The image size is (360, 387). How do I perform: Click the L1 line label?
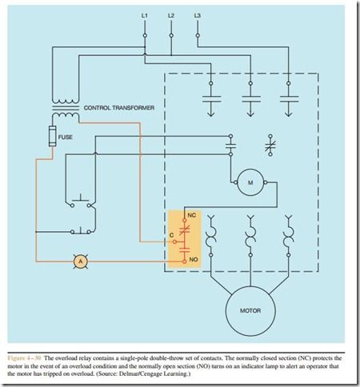(x=144, y=15)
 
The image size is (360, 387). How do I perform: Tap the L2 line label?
(x=171, y=15)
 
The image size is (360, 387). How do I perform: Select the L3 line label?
(x=198, y=15)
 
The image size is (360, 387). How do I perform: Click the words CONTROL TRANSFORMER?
(x=119, y=108)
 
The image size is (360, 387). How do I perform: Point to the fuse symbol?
(x=53, y=136)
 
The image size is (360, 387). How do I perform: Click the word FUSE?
(x=66, y=137)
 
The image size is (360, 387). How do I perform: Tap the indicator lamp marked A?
(x=81, y=261)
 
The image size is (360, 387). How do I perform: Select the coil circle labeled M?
(x=250, y=182)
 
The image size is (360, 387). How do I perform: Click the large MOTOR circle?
(x=250, y=311)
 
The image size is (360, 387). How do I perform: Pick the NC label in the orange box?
(x=192, y=215)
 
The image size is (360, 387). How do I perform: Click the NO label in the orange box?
(x=194, y=259)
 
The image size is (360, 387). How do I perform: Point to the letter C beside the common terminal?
(x=171, y=235)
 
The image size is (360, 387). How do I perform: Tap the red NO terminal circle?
(x=184, y=261)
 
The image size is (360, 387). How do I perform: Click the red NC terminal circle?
(x=184, y=221)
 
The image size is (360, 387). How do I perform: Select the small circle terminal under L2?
(x=171, y=35)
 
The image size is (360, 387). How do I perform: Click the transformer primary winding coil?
(x=66, y=102)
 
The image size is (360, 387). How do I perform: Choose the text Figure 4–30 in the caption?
(x=24, y=358)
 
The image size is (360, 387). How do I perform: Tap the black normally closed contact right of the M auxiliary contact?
(x=270, y=146)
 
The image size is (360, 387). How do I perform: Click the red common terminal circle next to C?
(x=174, y=241)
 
